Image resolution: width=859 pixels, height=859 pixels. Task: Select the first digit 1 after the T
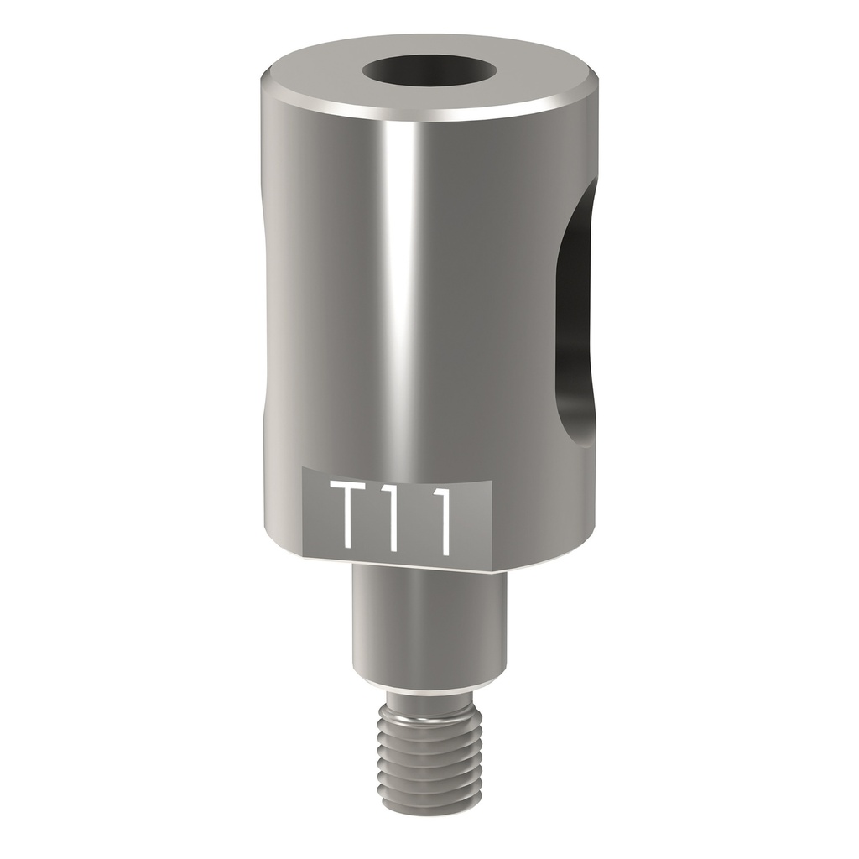(x=397, y=518)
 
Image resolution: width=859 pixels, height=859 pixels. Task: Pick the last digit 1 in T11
(x=440, y=518)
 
